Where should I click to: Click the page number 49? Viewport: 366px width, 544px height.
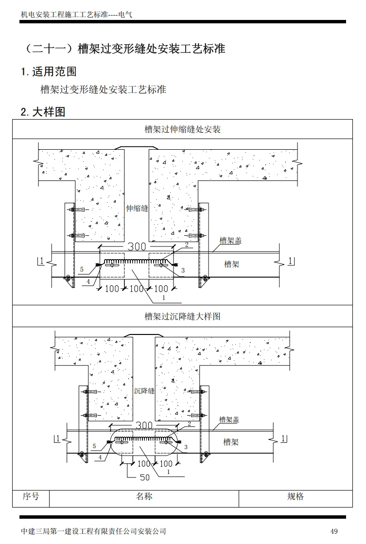point(333,531)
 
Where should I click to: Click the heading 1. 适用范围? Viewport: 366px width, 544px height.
point(49,72)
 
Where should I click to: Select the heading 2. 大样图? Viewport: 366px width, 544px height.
point(43,112)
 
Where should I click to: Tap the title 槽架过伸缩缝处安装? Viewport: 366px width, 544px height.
point(183,129)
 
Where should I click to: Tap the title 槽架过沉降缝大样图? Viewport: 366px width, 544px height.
point(183,316)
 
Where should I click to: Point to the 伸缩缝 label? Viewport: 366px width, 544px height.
point(137,208)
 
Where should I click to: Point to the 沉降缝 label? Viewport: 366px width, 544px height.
point(144,391)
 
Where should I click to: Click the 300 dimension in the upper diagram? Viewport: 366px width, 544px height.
point(137,247)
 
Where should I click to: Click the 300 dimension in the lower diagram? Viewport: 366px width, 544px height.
point(144,425)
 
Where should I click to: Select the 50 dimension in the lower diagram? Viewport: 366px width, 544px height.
point(144,477)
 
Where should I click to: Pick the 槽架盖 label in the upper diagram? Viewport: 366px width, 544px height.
point(230,241)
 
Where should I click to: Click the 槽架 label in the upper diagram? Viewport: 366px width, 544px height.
point(231,264)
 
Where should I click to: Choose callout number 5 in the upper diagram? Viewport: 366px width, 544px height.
point(82,269)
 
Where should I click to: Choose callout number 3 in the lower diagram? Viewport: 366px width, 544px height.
point(186,447)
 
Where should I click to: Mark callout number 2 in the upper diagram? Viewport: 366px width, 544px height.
point(186,246)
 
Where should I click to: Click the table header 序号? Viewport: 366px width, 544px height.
point(31,496)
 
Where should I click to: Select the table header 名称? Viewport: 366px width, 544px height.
point(144,496)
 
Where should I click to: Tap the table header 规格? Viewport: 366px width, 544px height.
point(296,496)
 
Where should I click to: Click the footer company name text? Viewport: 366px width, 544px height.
point(94,531)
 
